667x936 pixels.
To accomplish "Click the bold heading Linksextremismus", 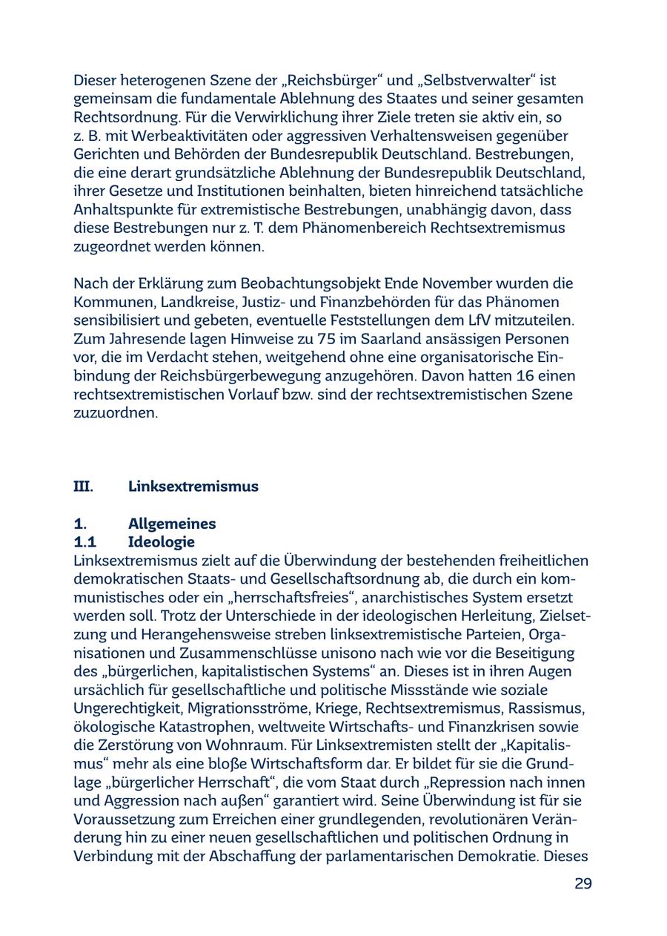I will coord(193,487).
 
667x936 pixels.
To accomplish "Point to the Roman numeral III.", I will coord(83,487).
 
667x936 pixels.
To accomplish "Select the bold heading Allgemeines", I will coord(172,524).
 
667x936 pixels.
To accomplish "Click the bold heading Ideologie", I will coord(161,542).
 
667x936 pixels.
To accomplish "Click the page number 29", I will coord(583,883).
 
